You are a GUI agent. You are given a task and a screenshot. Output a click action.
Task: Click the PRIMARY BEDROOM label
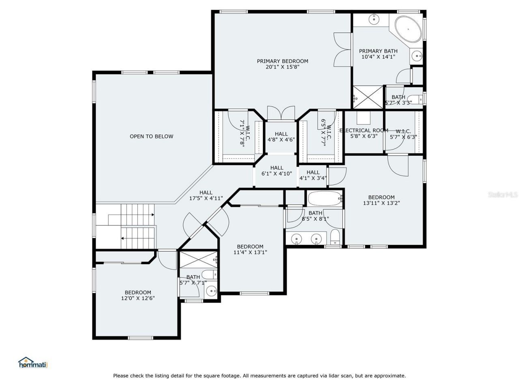tap(282, 61)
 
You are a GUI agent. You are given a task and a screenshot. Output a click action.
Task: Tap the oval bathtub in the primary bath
tap(408, 29)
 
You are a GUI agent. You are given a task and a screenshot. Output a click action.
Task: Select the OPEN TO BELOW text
tap(151, 137)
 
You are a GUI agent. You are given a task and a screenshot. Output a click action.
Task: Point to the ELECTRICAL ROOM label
tap(364, 130)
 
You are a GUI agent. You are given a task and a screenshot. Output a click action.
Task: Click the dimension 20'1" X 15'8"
tap(282, 67)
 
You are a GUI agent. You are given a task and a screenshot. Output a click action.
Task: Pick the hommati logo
tap(33, 363)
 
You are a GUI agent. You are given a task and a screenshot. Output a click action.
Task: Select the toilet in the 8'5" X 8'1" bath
tap(335, 238)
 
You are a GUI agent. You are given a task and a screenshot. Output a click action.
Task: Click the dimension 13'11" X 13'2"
tap(381, 203)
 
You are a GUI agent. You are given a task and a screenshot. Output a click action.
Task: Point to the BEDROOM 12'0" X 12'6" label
tap(138, 293)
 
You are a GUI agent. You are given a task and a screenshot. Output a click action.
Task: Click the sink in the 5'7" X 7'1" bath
tap(211, 291)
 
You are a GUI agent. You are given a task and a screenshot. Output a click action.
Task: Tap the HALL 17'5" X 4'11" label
tap(206, 193)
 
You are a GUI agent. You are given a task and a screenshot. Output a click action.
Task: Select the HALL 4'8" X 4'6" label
tap(281, 134)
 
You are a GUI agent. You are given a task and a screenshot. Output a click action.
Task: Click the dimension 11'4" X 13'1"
tap(250, 252)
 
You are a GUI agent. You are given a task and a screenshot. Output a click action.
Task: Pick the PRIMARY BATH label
tap(378, 51)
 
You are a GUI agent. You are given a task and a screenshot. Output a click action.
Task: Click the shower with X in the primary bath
tap(368, 97)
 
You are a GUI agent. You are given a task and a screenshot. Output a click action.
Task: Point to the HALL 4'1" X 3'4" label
tap(313, 173)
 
